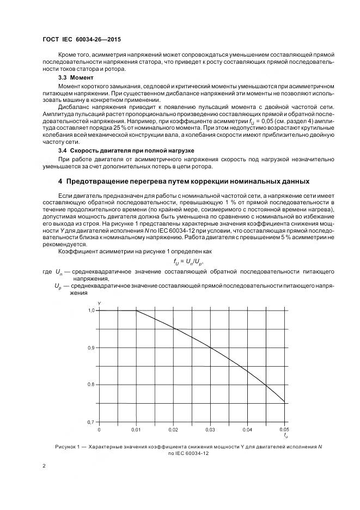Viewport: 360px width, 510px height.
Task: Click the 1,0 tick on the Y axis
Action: [x=91, y=311]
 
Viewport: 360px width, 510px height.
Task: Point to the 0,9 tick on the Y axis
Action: [x=91, y=348]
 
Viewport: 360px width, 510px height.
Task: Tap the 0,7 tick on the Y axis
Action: [x=91, y=422]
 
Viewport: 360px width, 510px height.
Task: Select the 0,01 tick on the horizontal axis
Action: [x=136, y=429]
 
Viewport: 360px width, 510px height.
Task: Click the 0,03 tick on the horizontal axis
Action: [x=210, y=429]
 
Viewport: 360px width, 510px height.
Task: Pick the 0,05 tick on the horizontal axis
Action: [x=284, y=429]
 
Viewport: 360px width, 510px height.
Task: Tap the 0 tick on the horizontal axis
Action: [x=99, y=429]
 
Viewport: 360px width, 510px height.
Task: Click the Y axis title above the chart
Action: [x=99, y=302]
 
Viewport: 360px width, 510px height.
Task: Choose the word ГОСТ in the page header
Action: [x=52, y=40]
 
